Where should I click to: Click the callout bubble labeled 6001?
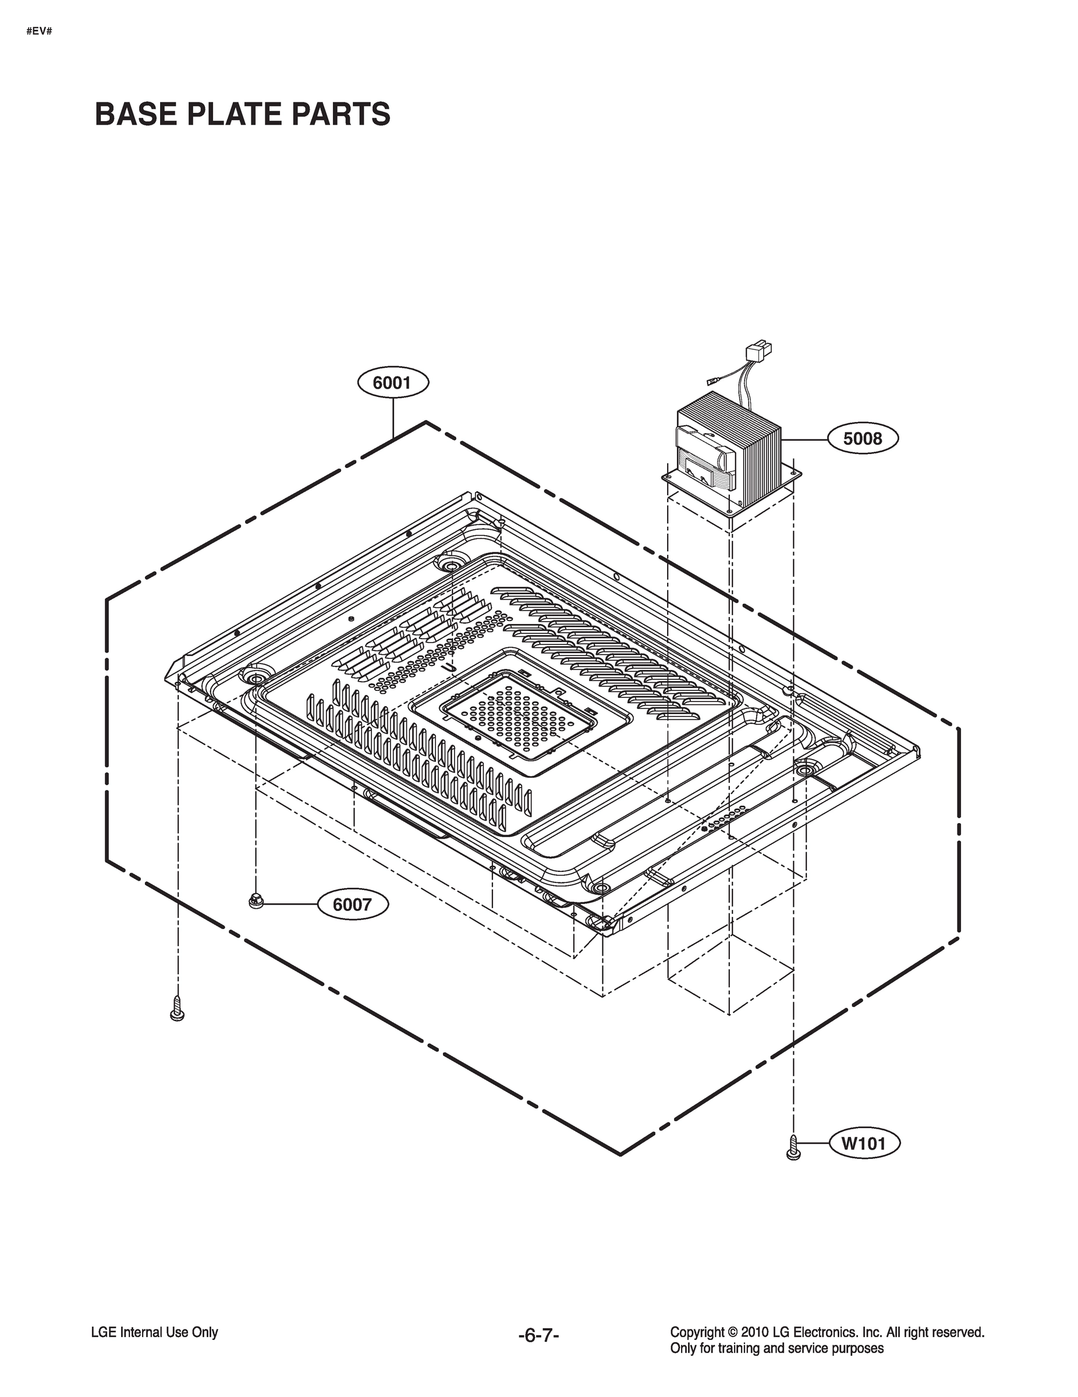pyautogui.click(x=392, y=382)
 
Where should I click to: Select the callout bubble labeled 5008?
pyautogui.click(x=863, y=438)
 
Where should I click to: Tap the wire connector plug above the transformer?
pyautogui.click(x=759, y=352)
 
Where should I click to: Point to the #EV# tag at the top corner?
pyautogui.click(x=39, y=31)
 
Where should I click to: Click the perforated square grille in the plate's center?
pyautogui.click(x=518, y=714)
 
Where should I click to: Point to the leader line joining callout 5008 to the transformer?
pyautogui.click(x=804, y=439)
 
